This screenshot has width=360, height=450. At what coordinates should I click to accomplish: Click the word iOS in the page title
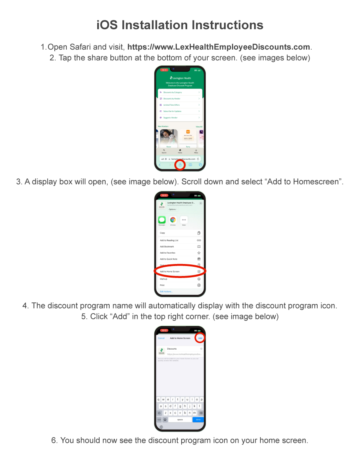pyautogui.click(x=107, y=25)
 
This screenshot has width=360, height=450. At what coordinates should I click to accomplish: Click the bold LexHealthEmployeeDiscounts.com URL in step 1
pyautogui.click(x=219, y=47)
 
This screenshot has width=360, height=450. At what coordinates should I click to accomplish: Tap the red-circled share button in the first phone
pyautogui.click(x=180, y=165)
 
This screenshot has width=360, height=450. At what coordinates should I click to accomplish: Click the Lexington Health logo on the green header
pyautogui.click(x=180, y=78)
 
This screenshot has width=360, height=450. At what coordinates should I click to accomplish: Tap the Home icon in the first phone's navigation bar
pyautogui.click(x=180, y=151)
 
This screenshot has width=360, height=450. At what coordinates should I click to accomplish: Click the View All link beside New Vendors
pyautogui.click(x=199, y=127)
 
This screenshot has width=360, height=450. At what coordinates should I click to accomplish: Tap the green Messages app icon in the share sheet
pyautogui.click(x=162, y=220)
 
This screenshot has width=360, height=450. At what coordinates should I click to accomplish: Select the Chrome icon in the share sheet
pyautogui.click(x=173, y=220)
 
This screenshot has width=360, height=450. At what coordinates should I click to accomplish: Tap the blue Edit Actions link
pyautogui.click(x=166, y=292)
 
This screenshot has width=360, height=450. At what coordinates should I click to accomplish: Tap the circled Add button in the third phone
pyautogui.click(x=200, y=338)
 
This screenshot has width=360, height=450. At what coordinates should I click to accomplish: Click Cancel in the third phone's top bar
pyautogui.click(x=161, y=338)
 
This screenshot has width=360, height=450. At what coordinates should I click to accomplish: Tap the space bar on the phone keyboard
pyautogui.click(x=180, y=420)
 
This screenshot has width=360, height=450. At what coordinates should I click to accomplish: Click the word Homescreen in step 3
pyautogui.click(x=317, y=181)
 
